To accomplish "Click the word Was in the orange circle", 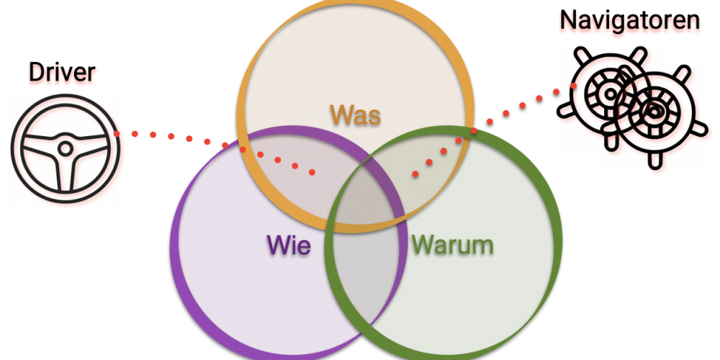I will tap(355, 114).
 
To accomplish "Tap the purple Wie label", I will tap(289, 245).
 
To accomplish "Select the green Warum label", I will tap(452, 245).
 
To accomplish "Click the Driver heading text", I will tap(62, 72).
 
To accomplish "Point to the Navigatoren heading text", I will tap(629, 19).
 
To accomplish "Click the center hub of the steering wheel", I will tap(65, 148).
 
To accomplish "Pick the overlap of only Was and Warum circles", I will tap(432, 162).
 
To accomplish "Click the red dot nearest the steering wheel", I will tap(117, 133).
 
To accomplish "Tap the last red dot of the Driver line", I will tap(313, 172).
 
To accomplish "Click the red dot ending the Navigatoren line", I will tap(415, 174).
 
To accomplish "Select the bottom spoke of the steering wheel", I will tap(65, 173).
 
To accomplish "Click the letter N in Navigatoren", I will tap(568, 20).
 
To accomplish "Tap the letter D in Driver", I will tap(35, 72).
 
